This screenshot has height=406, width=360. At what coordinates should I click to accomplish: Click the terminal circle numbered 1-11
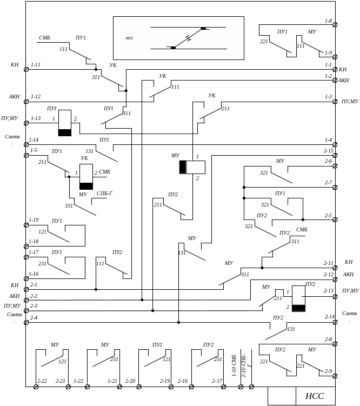coord(26,69)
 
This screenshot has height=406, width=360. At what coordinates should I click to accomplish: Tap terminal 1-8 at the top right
coord(335,25)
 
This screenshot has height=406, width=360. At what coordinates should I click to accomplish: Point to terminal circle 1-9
coord(335,57)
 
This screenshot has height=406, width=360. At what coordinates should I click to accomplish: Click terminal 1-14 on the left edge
coord(26,144)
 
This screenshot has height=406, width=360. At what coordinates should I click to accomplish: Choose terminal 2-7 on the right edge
coord(335,188)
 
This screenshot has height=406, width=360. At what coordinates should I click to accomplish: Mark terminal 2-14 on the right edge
coord(335,322)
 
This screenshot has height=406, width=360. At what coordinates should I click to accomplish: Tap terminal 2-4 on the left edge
coord(26,322)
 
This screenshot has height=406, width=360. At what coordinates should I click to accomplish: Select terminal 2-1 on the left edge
coord(26,289)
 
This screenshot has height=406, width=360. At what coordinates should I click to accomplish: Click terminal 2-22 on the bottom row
coord(36,387)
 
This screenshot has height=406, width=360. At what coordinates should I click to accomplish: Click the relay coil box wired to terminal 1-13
coord(65,123)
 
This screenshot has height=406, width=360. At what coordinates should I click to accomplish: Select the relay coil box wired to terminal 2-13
coord(298,298)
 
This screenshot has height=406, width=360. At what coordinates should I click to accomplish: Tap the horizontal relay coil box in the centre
coord(192,167)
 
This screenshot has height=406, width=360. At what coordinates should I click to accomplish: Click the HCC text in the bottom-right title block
coord(315,396)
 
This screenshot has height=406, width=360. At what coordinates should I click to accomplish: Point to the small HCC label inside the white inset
coord(130,38)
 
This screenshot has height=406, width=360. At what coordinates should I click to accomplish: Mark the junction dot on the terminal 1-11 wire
coord(96,69)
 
